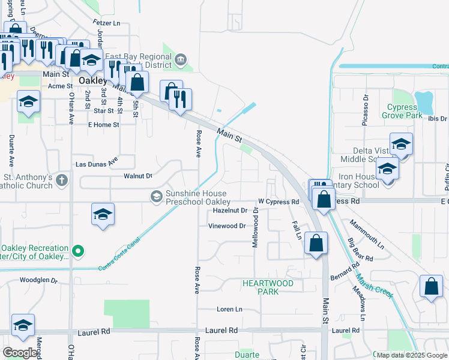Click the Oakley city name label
[x=92, y=80]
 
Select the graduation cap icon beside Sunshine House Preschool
[x=156, y=196]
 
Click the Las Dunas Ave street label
[x=97, y=163]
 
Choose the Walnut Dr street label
[x=137, y=176]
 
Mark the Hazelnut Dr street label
[x=231, y=211]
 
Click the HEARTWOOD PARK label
[x=268, y=287]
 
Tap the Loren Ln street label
[x=229, y=310]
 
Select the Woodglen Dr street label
[x=38, y=280]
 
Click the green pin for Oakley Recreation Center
[x=77, y=251]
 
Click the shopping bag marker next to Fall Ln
[x=315, y=244]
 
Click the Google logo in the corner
[x=20, y=353]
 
